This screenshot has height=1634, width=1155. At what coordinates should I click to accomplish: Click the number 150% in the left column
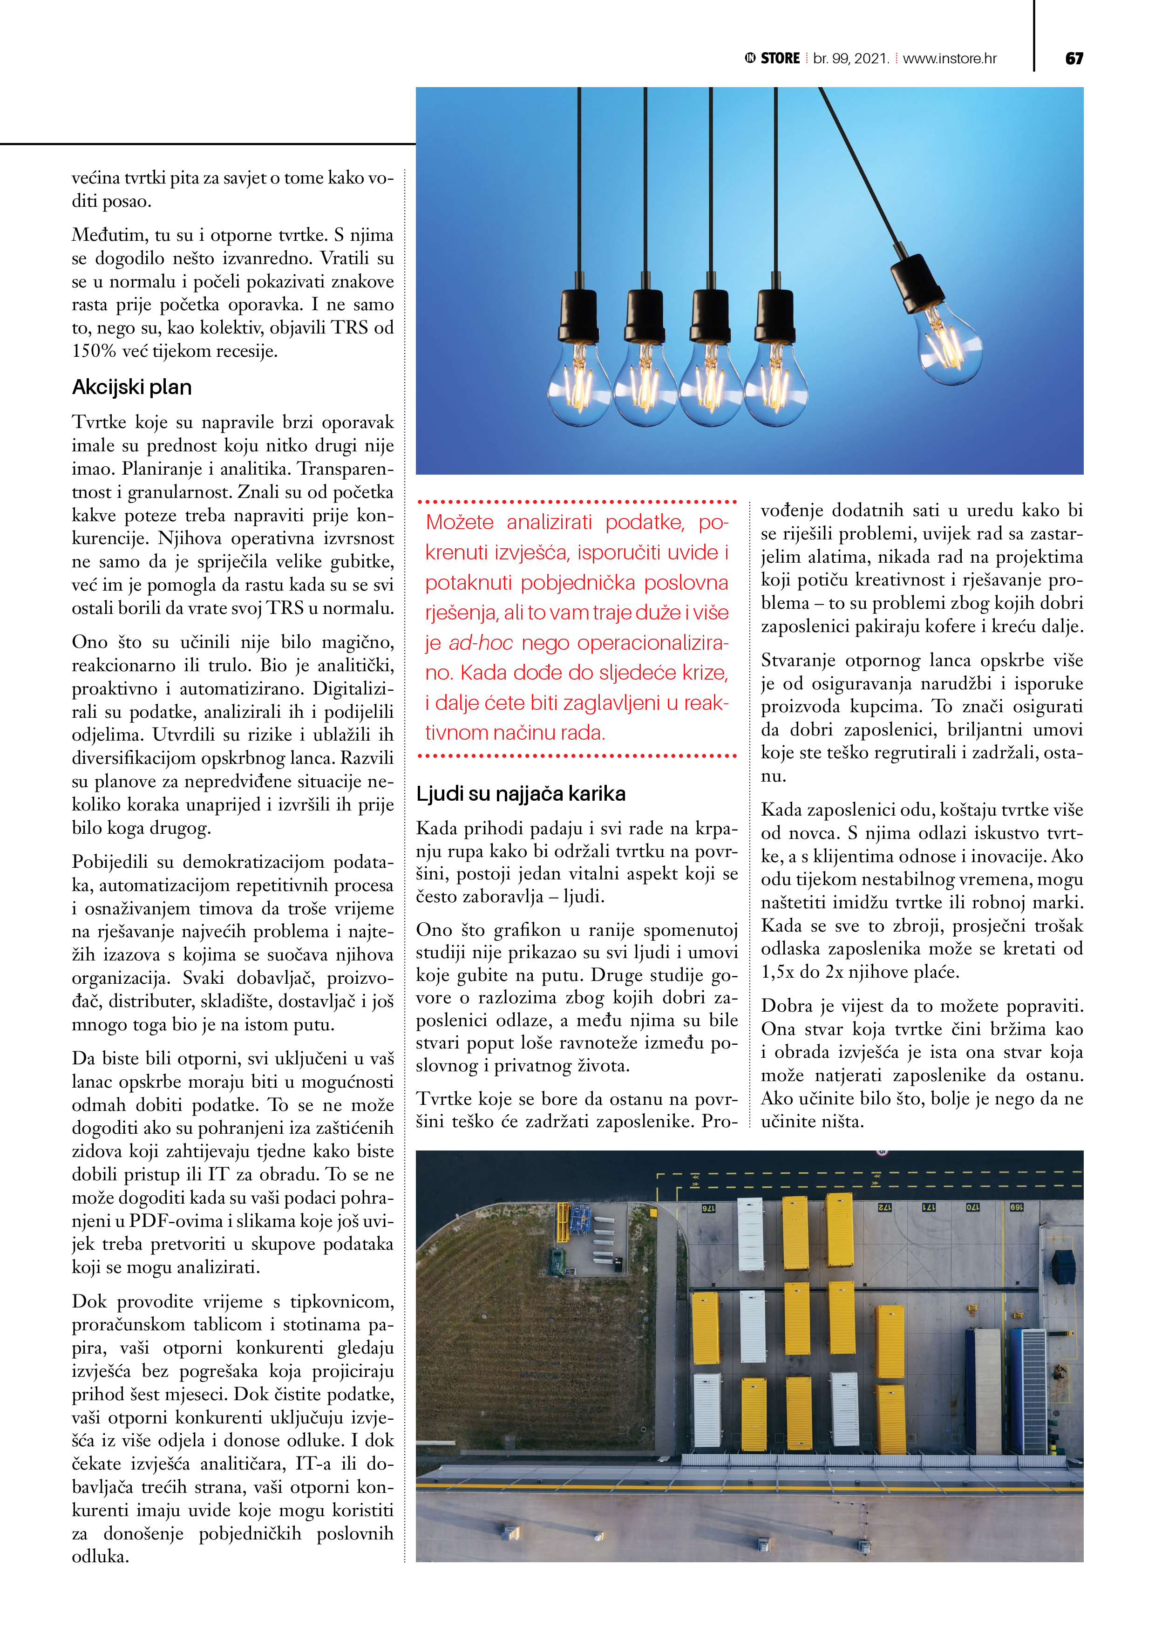94,351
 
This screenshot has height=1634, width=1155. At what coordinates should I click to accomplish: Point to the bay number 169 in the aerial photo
1016,1207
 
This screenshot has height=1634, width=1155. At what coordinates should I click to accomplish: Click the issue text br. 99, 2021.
851,58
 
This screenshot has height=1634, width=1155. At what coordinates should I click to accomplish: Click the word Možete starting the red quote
460,522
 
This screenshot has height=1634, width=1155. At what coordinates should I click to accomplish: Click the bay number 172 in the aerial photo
884,1208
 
